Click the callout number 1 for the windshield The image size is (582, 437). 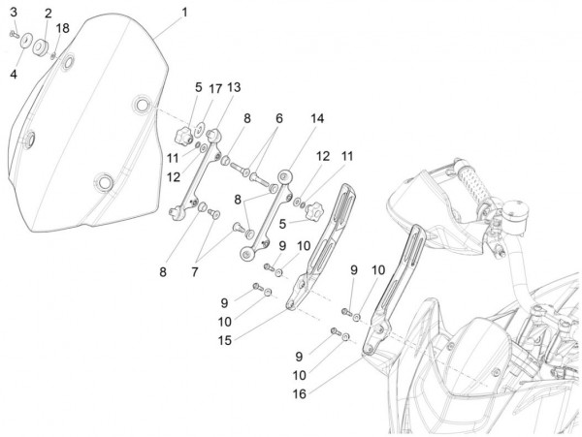pos(184,13)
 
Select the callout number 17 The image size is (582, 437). pos(216,87)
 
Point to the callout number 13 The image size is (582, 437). pos(234,87)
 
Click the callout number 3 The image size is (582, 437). pos(14,11)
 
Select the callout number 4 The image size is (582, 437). pos(14,73)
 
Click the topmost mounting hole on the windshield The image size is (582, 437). pos(69,63)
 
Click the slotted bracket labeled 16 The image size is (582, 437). pos(392,291)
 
